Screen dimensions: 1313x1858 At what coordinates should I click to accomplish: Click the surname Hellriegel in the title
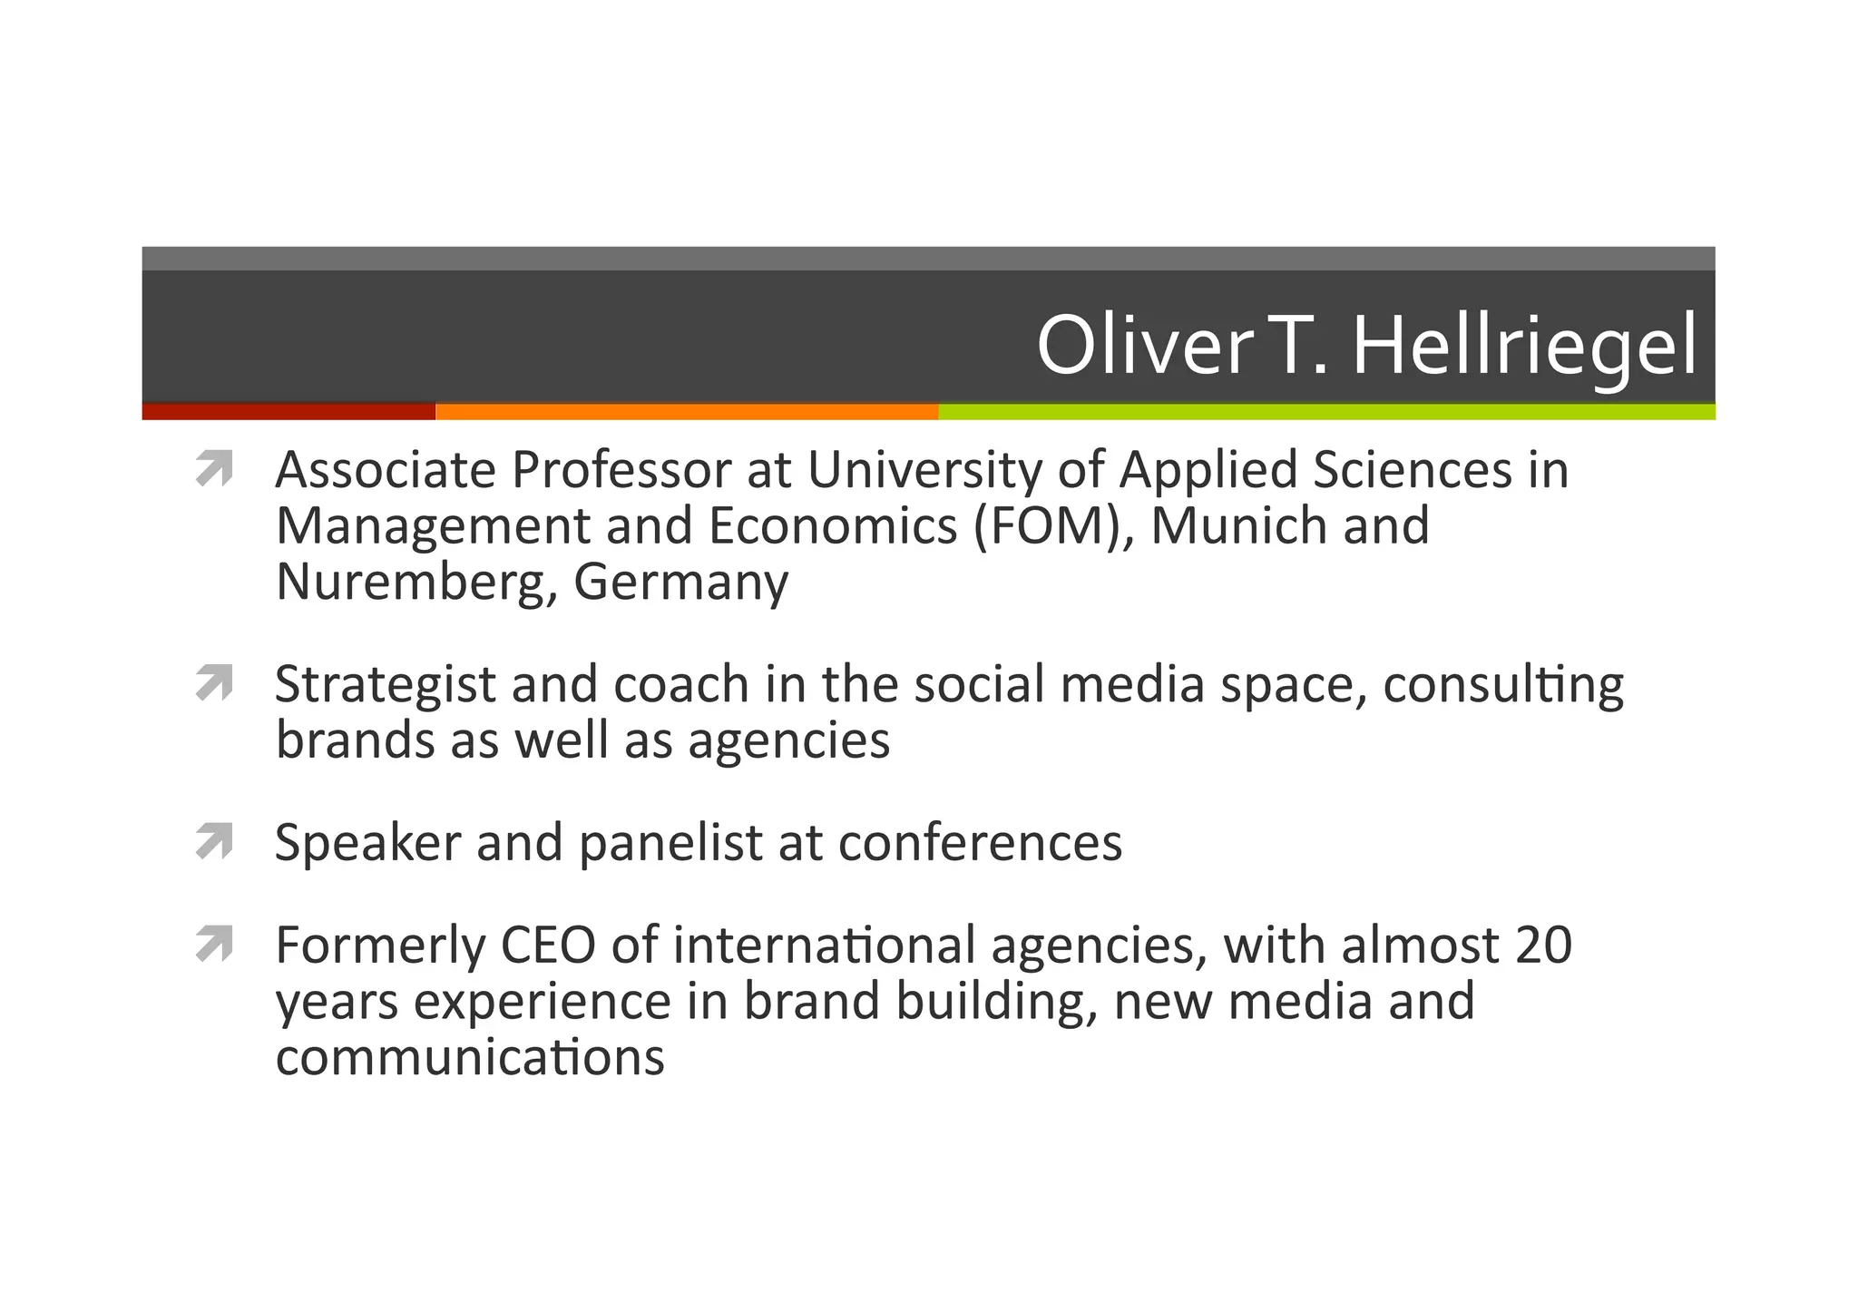(1524, 346)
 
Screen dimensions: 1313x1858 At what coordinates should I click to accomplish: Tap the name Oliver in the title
(1145, 346)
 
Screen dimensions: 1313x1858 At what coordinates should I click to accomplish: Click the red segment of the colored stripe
(288, 412)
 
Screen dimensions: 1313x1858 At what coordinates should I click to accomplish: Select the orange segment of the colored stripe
(687, 412)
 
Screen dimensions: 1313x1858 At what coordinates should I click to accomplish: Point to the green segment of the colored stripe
(1326, 412)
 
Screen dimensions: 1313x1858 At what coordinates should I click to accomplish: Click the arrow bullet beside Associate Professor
(214, 469)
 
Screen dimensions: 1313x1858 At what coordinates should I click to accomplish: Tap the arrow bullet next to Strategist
(214, 682)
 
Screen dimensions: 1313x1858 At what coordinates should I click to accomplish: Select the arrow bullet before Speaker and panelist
(214, 841)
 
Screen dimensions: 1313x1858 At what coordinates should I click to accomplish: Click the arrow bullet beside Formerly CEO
(214, 944)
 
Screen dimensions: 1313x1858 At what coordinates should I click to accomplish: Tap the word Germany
(680, 583)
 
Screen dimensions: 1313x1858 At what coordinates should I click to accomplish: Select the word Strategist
(385, 686)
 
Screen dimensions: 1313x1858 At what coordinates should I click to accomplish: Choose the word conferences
(980, 844)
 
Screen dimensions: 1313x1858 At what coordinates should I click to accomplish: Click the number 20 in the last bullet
(1542, 946)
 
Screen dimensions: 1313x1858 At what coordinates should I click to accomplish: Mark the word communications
(470, 1058)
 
